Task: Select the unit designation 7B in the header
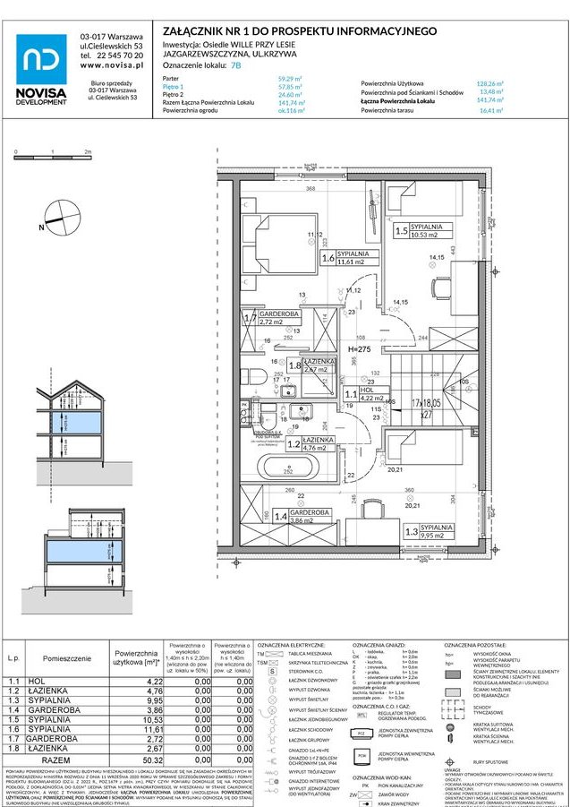[235, 65]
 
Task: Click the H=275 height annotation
[361, 348]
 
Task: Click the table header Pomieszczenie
[65, 657]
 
